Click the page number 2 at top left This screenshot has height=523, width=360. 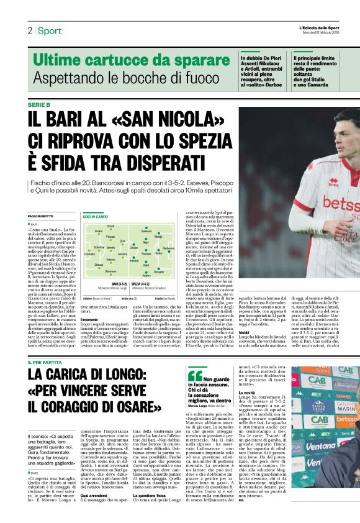pos(29,30)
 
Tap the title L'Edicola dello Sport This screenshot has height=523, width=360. pos(319,28)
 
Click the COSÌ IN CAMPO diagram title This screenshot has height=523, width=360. pos(96,217)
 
